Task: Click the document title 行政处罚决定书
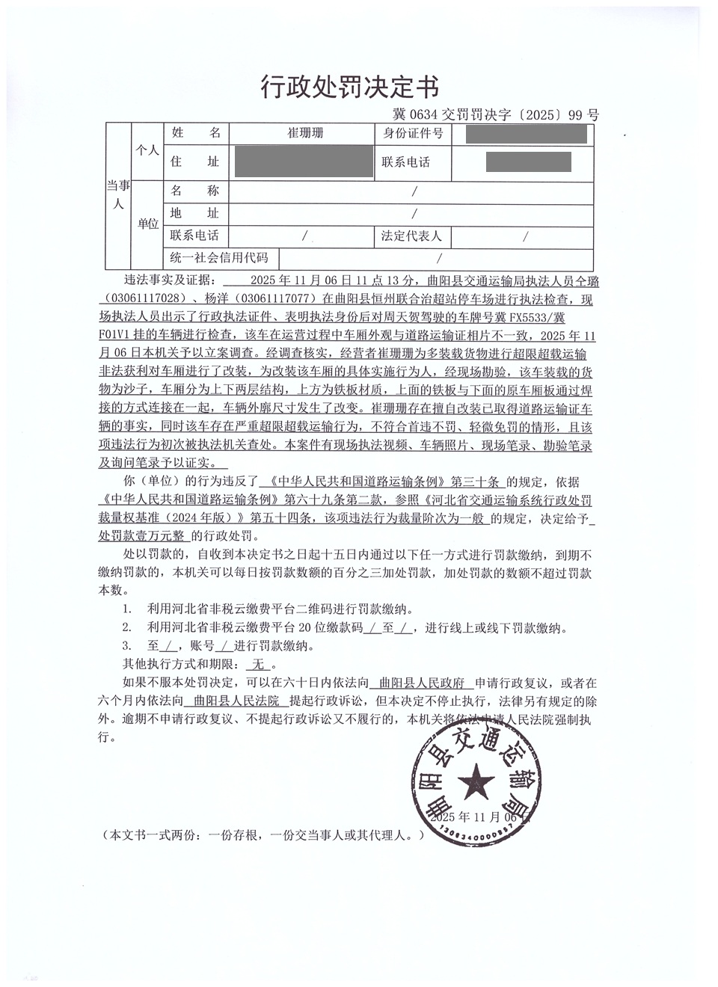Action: (349, 87)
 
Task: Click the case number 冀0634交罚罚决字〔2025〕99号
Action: (496, 114)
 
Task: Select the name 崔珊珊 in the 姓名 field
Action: (306, 134)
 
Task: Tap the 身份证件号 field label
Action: (413, 134)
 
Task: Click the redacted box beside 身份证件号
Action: (526, 135)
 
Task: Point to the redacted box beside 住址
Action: (304, 162)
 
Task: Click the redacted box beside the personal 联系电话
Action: (528, 162)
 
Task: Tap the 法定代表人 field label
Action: (412, 236)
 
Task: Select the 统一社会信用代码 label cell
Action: (219, 258)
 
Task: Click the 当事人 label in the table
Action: (118, 194)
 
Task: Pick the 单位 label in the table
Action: (148, 224)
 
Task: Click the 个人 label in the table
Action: (147, 150)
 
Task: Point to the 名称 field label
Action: (195, 191)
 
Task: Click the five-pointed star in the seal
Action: (474, 785)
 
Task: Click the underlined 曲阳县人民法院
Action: (236, 701)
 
